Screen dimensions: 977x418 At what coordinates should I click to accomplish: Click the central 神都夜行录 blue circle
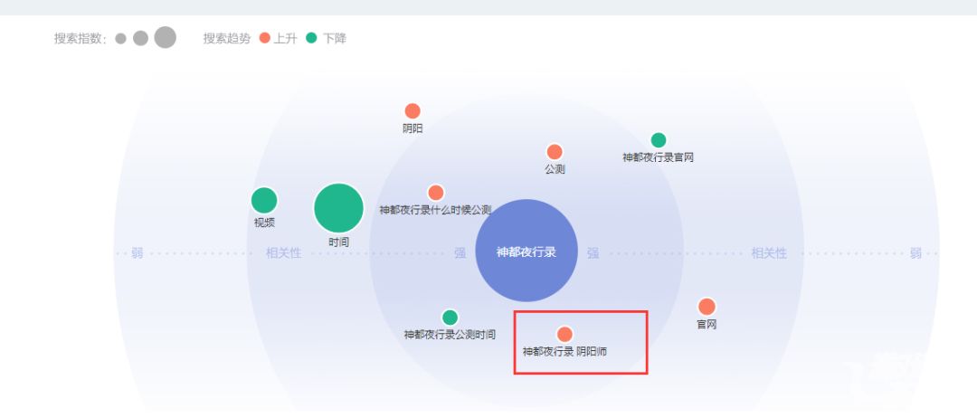pos(526,251)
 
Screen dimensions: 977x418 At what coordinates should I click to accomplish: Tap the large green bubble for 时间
pos(338,208)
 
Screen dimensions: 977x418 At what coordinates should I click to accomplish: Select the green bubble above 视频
pos(263,200)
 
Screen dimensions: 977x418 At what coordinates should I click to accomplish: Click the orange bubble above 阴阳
pos(413,111)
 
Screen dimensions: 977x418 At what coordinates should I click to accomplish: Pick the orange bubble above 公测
pos(555,152)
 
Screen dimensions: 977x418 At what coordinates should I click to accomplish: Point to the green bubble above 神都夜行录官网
pos(659,140)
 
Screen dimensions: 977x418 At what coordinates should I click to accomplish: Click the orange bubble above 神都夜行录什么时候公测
pos(436,193)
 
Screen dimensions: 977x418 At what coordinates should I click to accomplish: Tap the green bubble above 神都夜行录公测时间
pos(450,318)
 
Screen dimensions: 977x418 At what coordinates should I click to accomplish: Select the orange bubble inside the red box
pos(564,334)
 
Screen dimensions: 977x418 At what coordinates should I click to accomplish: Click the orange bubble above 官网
pos(707,307)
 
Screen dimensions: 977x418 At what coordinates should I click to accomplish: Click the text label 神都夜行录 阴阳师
pos(564,351)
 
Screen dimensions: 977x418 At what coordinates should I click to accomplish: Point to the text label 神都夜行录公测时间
pos(450,335)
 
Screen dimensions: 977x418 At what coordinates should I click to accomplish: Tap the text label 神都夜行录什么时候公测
pos(435,210)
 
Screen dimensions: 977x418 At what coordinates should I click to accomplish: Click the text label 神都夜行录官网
pos(659,157)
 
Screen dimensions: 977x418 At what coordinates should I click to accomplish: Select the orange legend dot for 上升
pos(264,39)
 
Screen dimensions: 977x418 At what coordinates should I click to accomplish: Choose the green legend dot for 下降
pos(312,39)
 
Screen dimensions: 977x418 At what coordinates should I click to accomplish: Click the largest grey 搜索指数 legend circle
pos(165,38)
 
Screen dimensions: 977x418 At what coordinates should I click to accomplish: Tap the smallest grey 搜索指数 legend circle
pos(120,39)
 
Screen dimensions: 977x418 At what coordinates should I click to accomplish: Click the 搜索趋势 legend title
pos(227,39)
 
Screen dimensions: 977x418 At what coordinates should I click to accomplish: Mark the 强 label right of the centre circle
pos(593,253)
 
